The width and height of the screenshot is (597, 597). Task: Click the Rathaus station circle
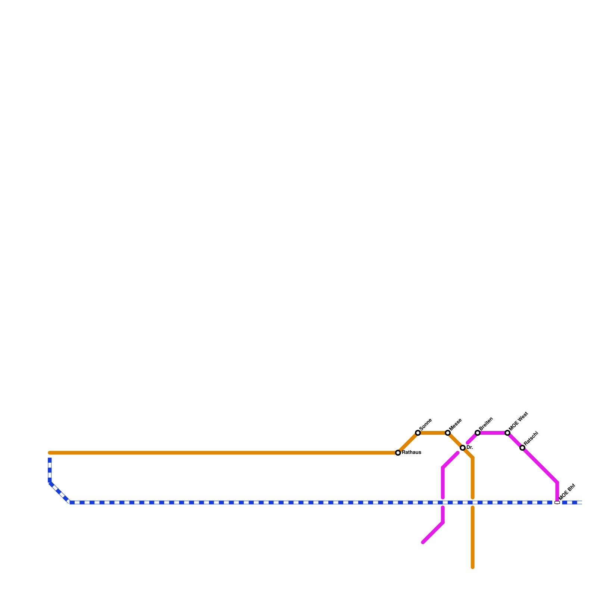398,453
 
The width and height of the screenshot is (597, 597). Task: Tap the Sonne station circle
418,433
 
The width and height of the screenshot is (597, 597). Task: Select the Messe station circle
448,433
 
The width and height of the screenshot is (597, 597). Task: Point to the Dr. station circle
463,448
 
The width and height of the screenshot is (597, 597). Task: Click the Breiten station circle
478,433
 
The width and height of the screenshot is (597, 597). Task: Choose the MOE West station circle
507,433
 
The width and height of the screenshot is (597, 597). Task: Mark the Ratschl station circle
522,448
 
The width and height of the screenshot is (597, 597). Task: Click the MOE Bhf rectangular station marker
557,503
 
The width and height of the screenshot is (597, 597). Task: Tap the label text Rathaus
412,453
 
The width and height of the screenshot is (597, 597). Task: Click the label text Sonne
425,424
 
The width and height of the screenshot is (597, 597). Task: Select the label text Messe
455,424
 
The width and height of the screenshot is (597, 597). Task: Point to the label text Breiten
486,423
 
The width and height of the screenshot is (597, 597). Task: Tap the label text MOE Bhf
568,492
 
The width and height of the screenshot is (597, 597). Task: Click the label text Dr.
470,448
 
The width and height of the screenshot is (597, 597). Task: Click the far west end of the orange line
50,453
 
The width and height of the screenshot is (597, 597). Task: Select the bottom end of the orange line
472,568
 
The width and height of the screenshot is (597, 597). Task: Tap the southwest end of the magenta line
423,543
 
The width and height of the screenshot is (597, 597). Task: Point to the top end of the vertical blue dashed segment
50,459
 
